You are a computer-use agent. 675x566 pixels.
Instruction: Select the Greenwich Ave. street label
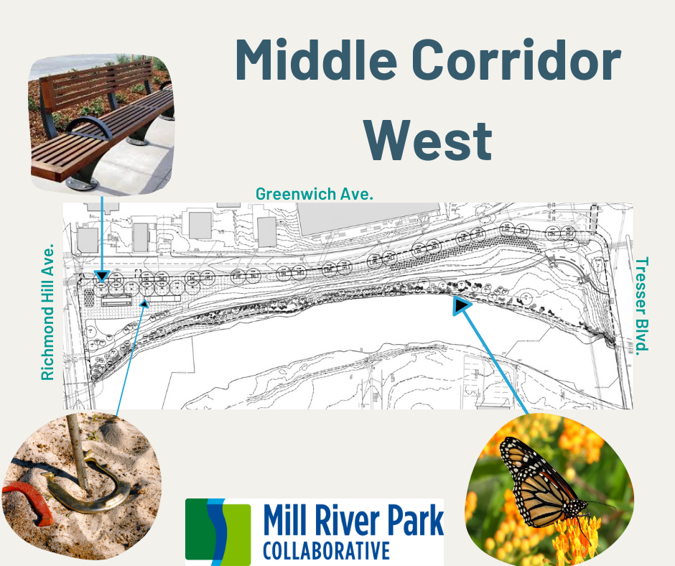[x=315, y=194]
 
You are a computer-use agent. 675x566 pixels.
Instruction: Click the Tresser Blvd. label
[x=642, y=305]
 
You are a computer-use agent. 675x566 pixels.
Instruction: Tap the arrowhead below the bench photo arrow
[x=102, y=275]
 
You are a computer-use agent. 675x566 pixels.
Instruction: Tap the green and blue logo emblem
[x=218, y=531]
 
